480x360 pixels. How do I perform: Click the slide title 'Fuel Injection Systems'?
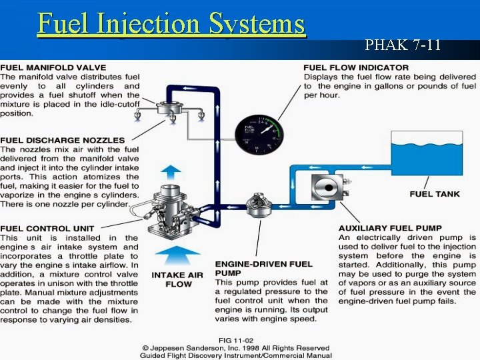(x=171, y=23)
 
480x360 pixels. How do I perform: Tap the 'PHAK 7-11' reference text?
(x=403, y=45)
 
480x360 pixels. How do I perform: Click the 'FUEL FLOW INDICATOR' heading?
(x=356, y=67)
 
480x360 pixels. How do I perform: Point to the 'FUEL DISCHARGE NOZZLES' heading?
(x=62, y=140)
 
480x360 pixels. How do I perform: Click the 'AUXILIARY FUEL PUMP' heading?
(x=390, y=228)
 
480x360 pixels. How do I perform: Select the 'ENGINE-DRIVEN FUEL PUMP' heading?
(x=263, y=268)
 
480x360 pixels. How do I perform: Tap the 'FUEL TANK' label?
(x=435, y=194)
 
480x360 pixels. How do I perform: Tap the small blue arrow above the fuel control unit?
(x=171, y=171)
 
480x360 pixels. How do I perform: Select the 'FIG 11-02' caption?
(x=235, y=339)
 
